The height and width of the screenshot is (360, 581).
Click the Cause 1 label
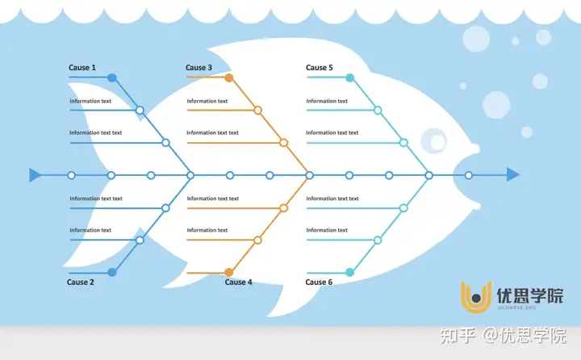82,68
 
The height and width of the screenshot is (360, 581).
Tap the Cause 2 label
81,283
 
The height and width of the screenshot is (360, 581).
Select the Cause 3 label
199,68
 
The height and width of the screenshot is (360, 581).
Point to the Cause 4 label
238,283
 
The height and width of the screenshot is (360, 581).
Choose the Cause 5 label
319,68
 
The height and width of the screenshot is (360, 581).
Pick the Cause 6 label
319,283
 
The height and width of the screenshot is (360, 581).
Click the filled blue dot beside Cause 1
112,77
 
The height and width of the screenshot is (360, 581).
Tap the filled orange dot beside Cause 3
229,77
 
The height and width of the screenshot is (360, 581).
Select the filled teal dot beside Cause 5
349,77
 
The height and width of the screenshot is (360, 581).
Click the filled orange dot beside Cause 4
229,273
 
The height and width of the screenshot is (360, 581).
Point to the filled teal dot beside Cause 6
349,273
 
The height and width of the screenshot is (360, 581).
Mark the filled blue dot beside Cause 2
112,273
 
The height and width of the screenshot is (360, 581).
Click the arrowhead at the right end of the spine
513,174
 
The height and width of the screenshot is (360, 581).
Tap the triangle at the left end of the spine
35,175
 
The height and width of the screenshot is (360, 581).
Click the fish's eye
434,141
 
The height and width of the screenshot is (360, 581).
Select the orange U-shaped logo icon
476,297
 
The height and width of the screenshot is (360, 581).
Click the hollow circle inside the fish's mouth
469,175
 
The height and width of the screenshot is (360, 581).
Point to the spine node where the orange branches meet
309,175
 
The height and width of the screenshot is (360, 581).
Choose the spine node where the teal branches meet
428,175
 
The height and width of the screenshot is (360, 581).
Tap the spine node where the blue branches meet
190,175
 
